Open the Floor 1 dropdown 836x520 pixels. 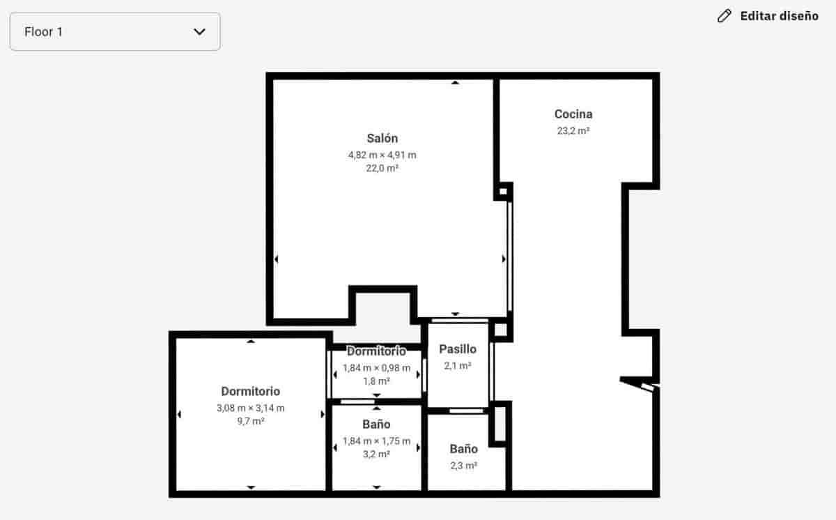pyautogui.click(x=115, y=31)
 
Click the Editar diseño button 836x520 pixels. pyautogui.click(x=779, y=16)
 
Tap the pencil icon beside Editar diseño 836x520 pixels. pyautogui.click(x=725, y=16)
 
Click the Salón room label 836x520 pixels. pyautogui.click(x=382, y=138)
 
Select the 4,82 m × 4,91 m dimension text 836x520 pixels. pyautogui.click(x=382, y=155)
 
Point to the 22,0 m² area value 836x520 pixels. pyautogui.click(x=382, y=168)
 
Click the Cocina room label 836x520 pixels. pyautogui.click(x=573, y=114)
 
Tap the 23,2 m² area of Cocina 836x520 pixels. pyautogui.click(x=573, y=130)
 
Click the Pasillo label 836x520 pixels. pyautogui.click(x=458, y=349)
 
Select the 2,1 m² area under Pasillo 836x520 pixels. pyautogui.click(x=458, y=365)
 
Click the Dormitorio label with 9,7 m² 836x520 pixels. pyautogui.click(x=251, y=392)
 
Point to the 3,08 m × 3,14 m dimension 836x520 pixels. pyautogui.click(x=251, y=408)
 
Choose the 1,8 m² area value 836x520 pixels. pyautogui.click(x=376, y=381)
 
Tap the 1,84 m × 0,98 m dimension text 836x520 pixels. pyautogui.click(x=376, y=368)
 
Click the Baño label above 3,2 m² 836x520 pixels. pyautogui.click(x=376, y=425)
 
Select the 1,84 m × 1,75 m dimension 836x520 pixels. pyautogui.click(x=376, y=441)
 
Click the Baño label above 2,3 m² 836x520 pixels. pyautogui.click(x=463, y=449)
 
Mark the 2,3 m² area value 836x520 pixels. pyautogui.click(x=463, y=466)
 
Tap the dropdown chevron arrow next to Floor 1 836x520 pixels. pyautogui.click(x=199, y=31)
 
